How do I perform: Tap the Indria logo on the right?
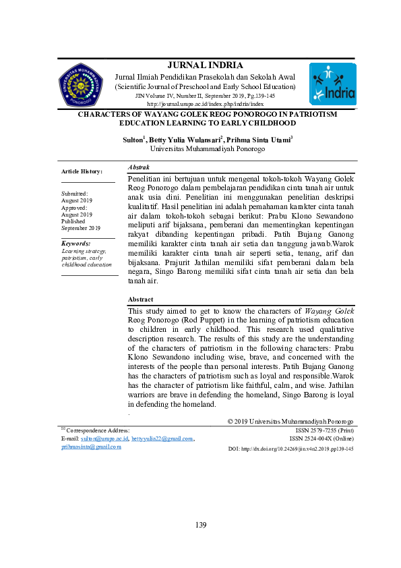[332, 86]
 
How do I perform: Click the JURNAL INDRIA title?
[204, 65]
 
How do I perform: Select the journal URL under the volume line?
[204, 105]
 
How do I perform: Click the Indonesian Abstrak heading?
[139, 167]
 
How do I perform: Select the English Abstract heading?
[140, 299]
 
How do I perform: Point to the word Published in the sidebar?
[73, 221]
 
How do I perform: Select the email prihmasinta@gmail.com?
[91, 447]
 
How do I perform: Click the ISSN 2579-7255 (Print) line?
[324, 430]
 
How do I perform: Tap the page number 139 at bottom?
[201, 526]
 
